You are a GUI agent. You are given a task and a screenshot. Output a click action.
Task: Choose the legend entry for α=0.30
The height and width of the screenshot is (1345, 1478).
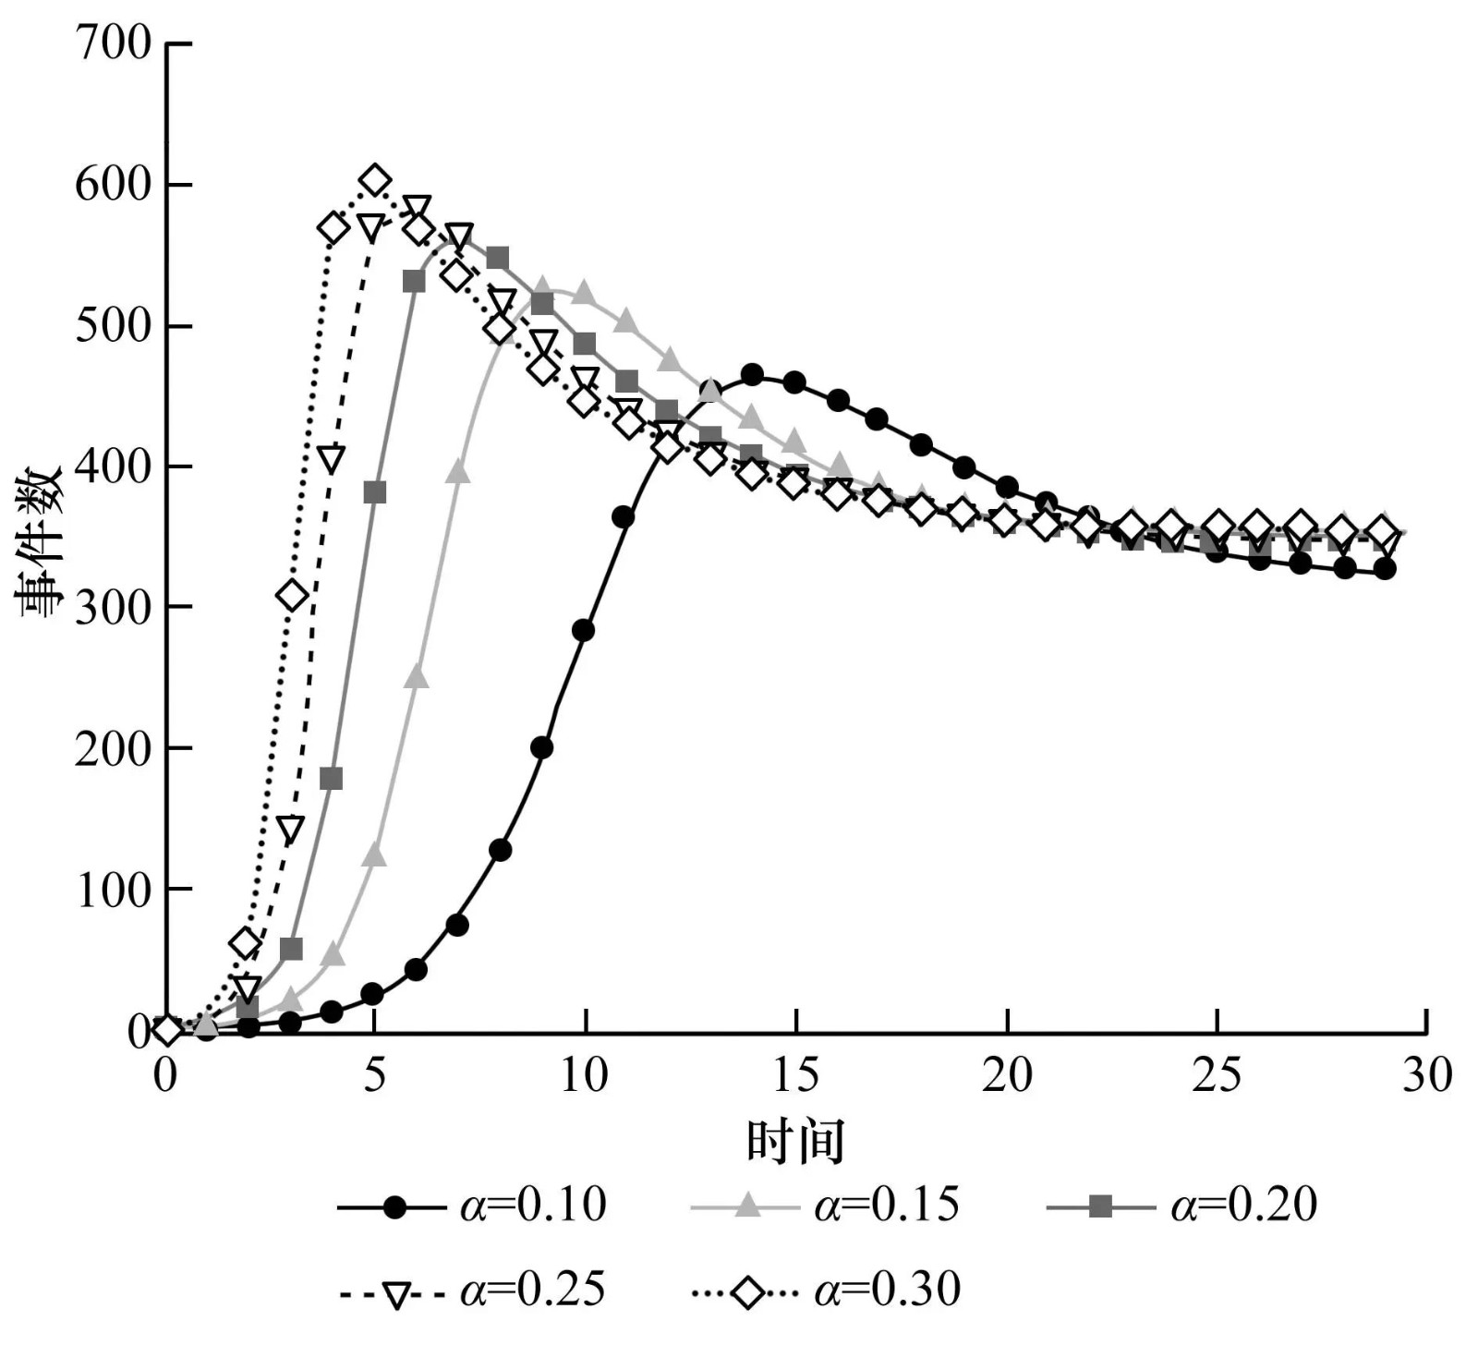(x=826, y=1290)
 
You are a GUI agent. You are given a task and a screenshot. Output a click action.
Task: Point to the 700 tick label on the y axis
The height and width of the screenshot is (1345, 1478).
(x=113, y=43)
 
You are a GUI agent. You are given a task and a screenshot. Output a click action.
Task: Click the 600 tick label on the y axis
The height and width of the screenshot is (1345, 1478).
(x=113, y=185)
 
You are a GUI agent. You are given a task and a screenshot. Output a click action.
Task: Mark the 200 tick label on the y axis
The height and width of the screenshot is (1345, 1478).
(x=113, y=748)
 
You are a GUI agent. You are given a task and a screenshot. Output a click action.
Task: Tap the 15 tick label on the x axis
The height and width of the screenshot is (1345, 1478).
(x=795, y=1075)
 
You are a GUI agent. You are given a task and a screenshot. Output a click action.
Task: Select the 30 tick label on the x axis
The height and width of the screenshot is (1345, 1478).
(x=1426, y=1075)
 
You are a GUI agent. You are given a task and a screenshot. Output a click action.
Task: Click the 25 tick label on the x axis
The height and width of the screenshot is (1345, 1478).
(x=1217, y=1075)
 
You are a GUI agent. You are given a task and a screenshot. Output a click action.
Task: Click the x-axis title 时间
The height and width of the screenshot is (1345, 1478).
(x=795, y=1142)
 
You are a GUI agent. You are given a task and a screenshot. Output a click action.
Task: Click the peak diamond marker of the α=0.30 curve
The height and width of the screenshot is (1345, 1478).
(x=374, y=180)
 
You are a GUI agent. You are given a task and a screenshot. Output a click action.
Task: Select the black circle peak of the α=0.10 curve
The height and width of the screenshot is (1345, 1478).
(x=752, y=375)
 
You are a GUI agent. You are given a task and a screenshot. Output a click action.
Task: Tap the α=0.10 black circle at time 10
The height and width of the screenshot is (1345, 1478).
(x=584, y=631)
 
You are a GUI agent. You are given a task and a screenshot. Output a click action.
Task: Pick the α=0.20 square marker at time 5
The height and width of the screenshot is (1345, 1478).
(x=374, y=493)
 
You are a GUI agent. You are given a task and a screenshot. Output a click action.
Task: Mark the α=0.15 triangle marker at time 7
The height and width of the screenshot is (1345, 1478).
(x=458, y=473)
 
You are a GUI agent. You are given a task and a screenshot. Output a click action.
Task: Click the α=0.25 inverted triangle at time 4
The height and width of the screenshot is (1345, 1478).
(x=332, y=458)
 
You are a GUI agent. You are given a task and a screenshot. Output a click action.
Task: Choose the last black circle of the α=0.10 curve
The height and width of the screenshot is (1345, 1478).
(x=1385, y=569)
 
